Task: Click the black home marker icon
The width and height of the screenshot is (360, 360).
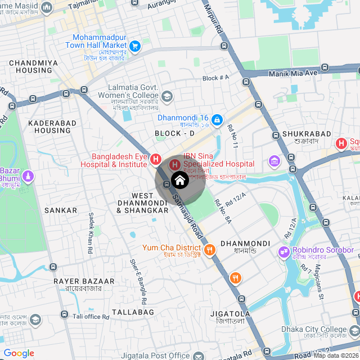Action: [179, 181]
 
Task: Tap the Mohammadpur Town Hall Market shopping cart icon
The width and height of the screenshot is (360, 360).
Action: [135, 46]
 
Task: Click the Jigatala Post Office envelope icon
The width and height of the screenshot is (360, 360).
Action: [198, 355]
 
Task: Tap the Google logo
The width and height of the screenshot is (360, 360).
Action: [19, 353]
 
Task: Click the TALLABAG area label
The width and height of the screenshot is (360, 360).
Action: [133, 312]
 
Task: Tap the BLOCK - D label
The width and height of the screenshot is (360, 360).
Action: [174, 133]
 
